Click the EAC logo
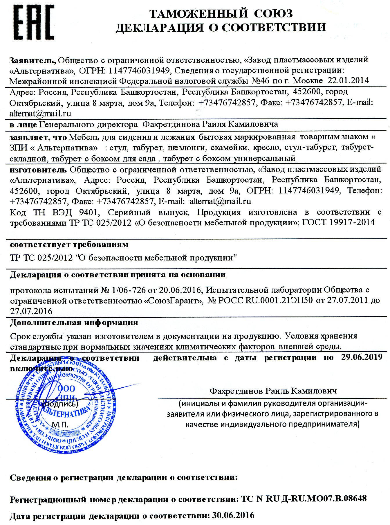34,23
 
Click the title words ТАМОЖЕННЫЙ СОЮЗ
221,13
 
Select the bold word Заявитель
32,60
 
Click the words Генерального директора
88,125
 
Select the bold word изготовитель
38,169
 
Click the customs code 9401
88,212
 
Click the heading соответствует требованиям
69,244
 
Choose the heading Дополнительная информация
74,322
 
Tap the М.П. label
60,425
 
